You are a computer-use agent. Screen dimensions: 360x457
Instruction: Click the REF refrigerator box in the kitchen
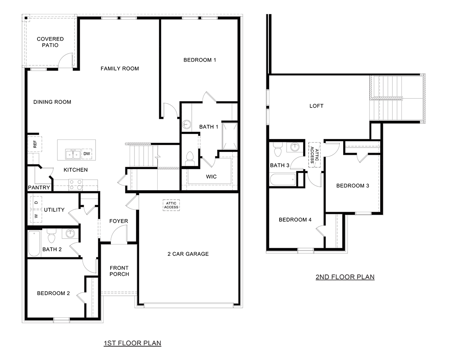(35, 144)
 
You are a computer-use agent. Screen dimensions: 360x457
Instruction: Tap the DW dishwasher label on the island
(87, 154)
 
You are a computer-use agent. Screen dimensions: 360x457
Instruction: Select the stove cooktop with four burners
(76, 184)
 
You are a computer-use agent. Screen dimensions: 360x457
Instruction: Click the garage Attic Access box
(171, 205)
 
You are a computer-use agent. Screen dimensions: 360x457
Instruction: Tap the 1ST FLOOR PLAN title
(132, 343)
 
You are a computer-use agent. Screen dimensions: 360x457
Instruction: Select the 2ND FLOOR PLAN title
(345, 277)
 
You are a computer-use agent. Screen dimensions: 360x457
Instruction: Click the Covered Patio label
(50, 42)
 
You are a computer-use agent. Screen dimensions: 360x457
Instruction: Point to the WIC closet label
(211, 177)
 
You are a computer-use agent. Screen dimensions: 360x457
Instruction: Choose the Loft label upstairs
(316, 106)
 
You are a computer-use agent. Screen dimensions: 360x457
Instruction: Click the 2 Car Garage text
(188, 254)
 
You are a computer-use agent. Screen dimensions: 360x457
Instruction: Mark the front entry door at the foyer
(119, 235)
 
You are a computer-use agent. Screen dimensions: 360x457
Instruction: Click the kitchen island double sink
(73, 154)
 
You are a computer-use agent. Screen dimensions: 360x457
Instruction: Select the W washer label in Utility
(36, 216)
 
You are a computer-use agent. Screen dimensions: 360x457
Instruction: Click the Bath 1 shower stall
(230, 136)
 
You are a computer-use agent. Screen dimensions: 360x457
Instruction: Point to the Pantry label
(39, 188)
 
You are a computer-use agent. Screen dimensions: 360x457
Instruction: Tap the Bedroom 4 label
(295, 219)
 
